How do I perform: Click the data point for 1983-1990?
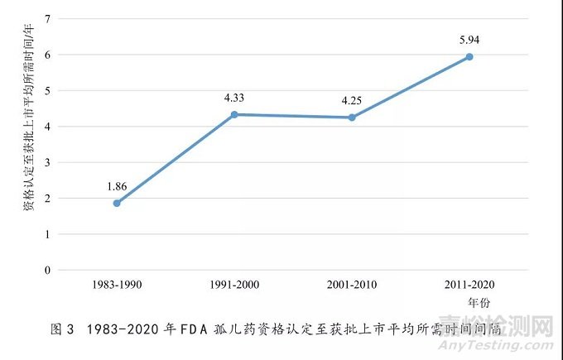coord(117,203)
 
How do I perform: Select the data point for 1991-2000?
coord(234,114)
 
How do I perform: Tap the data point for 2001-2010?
coord(352,118)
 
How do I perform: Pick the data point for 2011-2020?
coord(469,56)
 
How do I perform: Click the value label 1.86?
coord(117,186)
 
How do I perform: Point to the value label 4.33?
coord(234,98)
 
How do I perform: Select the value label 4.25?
coord(352,102)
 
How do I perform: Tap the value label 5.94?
coord(469,41)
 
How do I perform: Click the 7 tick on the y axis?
coord(47,18)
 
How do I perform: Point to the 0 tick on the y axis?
coord(47,271)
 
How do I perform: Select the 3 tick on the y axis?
coord(47,162)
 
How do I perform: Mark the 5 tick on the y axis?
coord(47,90)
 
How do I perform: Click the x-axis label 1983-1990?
coord(117,286)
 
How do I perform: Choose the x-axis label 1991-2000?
coord(234,286)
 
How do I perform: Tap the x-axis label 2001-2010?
coord(352,286)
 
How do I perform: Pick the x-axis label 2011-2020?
coord(469,286)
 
